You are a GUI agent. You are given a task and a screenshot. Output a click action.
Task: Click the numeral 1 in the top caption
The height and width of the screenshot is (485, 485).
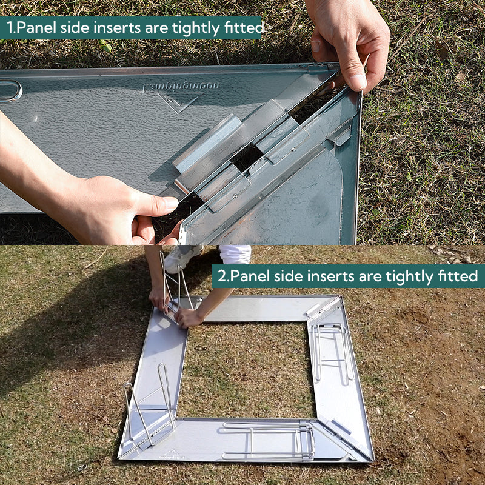tap(10, 27)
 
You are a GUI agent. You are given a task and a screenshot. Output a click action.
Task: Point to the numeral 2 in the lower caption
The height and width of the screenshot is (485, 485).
tap(222, 276)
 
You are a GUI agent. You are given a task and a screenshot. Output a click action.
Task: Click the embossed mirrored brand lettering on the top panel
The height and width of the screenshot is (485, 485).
tap(181, 87)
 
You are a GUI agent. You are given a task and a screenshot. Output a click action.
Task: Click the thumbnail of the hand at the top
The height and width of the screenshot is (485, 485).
tap(358, 81)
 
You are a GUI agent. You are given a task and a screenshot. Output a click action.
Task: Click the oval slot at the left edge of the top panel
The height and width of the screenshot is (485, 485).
tap(10, 90)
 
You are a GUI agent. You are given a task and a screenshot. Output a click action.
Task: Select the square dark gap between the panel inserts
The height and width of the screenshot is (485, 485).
tap(247, 157)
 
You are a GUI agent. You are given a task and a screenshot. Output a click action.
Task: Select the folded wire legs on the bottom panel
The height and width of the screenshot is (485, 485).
tap(267, 441)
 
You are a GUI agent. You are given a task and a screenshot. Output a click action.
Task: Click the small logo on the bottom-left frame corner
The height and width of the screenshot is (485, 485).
tap(171, 455)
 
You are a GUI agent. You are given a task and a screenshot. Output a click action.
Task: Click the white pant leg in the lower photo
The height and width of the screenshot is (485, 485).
tap(235, 253)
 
